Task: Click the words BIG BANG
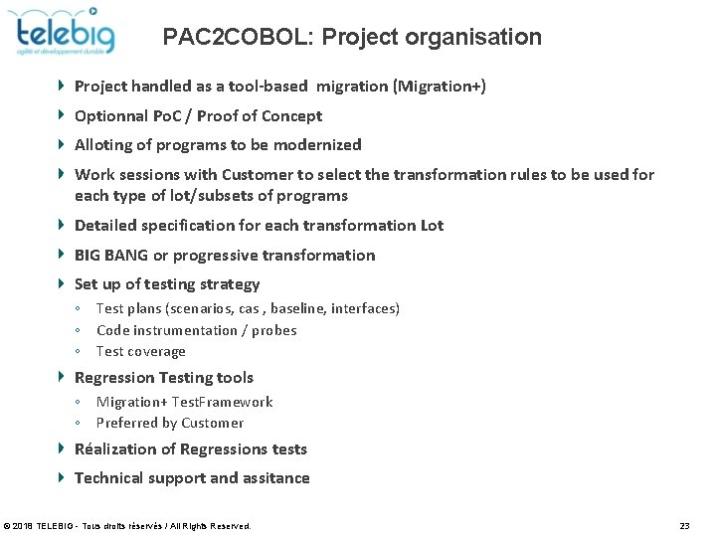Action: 111,256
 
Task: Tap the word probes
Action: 274,330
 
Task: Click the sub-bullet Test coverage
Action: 140,351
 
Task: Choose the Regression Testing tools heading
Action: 164,378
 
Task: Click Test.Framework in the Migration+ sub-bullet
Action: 222,402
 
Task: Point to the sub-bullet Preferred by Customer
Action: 169,423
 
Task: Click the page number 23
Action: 684,525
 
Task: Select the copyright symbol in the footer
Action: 8,525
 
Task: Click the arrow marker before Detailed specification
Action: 62,225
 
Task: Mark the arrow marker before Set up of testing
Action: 62,283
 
